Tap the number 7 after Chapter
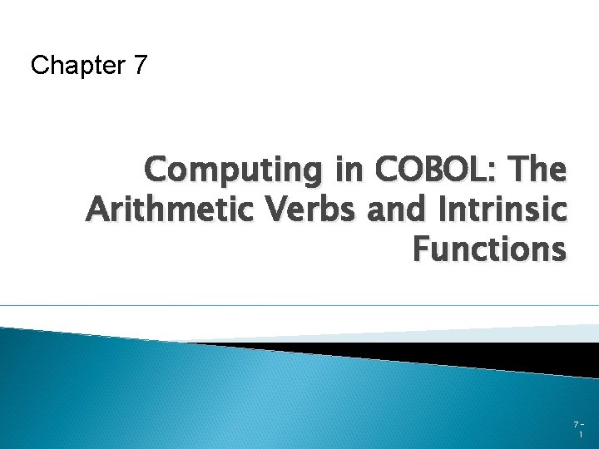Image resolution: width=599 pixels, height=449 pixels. click(x=139, y=65)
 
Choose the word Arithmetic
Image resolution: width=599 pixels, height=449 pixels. click(x=171, y=209)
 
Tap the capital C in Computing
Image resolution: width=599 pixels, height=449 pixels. click(x=156, y=170)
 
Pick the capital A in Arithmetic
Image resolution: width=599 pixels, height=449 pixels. click(x=97, y=209)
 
